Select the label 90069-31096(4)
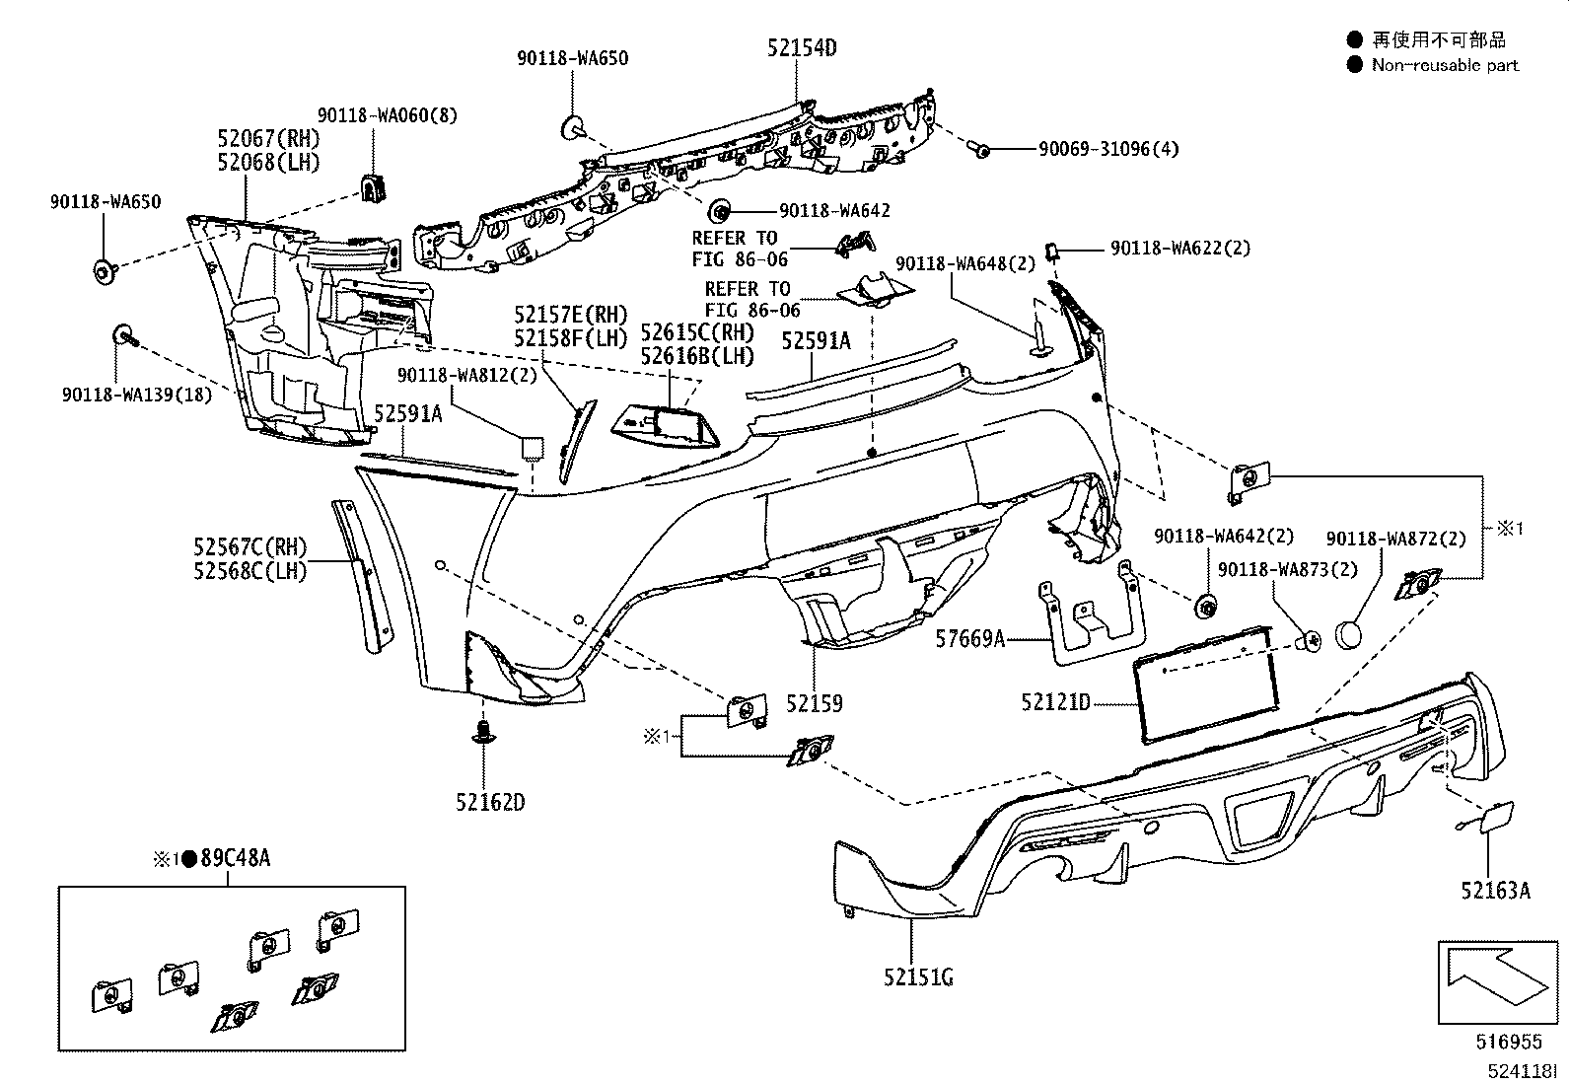point(1107,149)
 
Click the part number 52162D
point(490,802)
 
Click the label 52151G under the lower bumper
point(918,977)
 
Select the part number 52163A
point(1495,891)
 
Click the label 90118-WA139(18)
point(136,395)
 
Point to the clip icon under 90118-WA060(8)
point(373,187)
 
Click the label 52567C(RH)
point(250,547)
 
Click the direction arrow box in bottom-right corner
point(1497,982)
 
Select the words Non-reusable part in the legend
point(1445,65)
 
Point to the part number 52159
point(815,703)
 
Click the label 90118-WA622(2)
point(1179,249)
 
